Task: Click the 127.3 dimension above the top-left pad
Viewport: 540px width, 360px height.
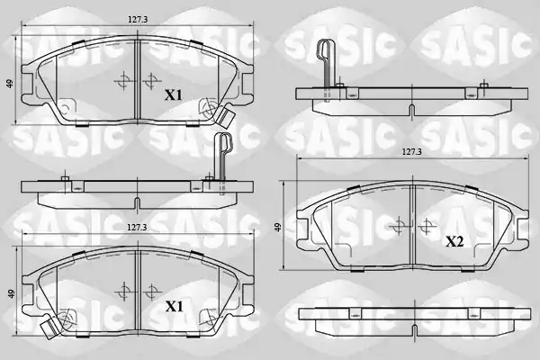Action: [138, 20]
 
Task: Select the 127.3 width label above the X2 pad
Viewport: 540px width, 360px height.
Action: [412, 151]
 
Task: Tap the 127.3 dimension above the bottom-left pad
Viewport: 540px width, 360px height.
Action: [137, 228]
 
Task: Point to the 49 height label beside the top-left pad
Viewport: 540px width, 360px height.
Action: [10, 84]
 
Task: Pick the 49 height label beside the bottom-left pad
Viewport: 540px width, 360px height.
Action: [12, 293]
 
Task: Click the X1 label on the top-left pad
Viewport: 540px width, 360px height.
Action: [173, 95]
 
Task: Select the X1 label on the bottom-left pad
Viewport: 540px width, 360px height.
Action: [174, 306]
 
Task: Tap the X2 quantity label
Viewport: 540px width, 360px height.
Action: [454, 242]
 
